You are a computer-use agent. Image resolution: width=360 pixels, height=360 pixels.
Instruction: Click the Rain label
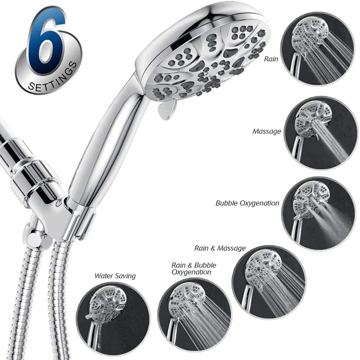pos(271,59)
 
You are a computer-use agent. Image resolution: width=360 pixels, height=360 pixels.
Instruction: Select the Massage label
pos(266,131)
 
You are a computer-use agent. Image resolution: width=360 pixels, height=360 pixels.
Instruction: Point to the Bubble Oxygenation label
pos(247,203)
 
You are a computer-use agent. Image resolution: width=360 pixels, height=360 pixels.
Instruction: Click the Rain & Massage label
pos(220,248)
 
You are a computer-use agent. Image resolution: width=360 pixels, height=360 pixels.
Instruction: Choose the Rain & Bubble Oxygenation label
pos(194,269)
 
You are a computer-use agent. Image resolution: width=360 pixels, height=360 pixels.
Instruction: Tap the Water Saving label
pos(115,276)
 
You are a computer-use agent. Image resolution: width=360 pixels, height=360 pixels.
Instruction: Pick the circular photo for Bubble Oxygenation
pos(319,213)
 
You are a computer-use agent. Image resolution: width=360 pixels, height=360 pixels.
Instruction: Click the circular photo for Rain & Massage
pos(269,283)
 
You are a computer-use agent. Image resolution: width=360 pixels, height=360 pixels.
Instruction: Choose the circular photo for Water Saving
pos(113,322)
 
